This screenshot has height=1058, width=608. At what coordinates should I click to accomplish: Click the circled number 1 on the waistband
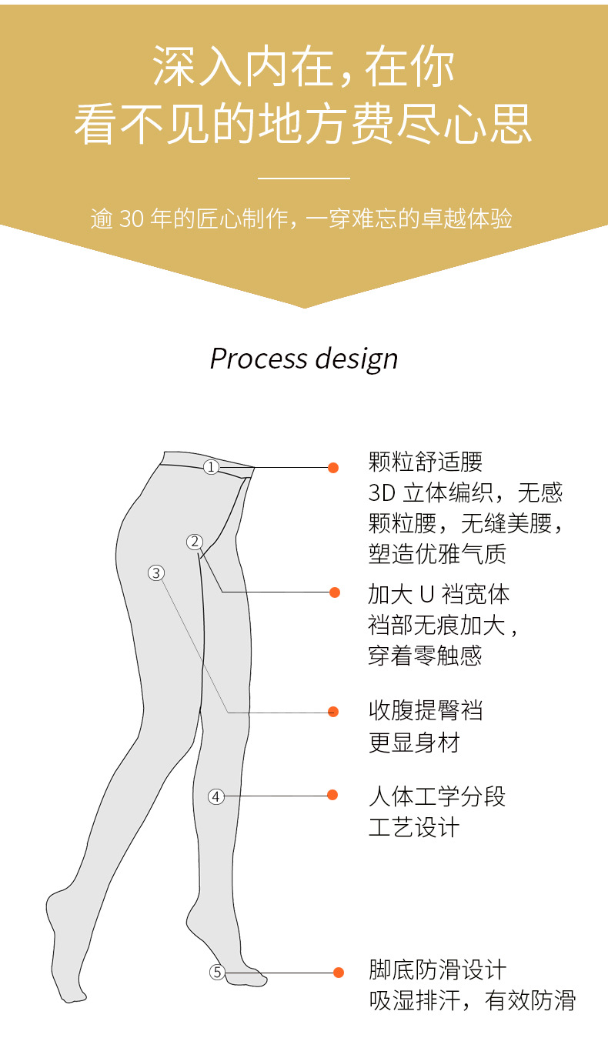coord(211,467)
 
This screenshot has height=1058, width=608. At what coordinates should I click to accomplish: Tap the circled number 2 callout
coord(194,542)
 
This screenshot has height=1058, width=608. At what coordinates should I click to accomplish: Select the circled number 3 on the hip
coord(156,572)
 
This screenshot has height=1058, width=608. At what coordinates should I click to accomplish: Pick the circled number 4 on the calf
coord(216,796)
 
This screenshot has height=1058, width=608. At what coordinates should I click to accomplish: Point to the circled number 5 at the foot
coord(217,973)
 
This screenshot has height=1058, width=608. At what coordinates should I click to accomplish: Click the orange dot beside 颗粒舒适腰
coord(333,467)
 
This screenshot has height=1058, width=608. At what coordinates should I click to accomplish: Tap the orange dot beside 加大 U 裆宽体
coord(335,592)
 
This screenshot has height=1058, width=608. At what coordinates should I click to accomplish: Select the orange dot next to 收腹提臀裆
coord(333,712)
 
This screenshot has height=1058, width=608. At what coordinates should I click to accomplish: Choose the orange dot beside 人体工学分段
coord(332,795)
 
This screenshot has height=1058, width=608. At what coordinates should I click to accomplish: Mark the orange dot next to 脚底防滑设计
coord(339,973)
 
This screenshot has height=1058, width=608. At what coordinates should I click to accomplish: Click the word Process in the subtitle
coord(256,359)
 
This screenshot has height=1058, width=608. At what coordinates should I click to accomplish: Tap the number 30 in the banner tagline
coord(132,219)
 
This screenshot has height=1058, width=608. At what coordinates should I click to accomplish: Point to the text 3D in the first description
coord(381,492)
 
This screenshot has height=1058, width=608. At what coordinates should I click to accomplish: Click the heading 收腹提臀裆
coord(426,710)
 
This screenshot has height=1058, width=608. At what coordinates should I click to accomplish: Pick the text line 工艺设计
coord(414,828)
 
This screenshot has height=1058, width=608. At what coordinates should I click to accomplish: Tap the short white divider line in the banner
coord(304,178)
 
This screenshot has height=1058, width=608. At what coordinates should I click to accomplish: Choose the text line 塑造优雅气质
coord(437,554)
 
